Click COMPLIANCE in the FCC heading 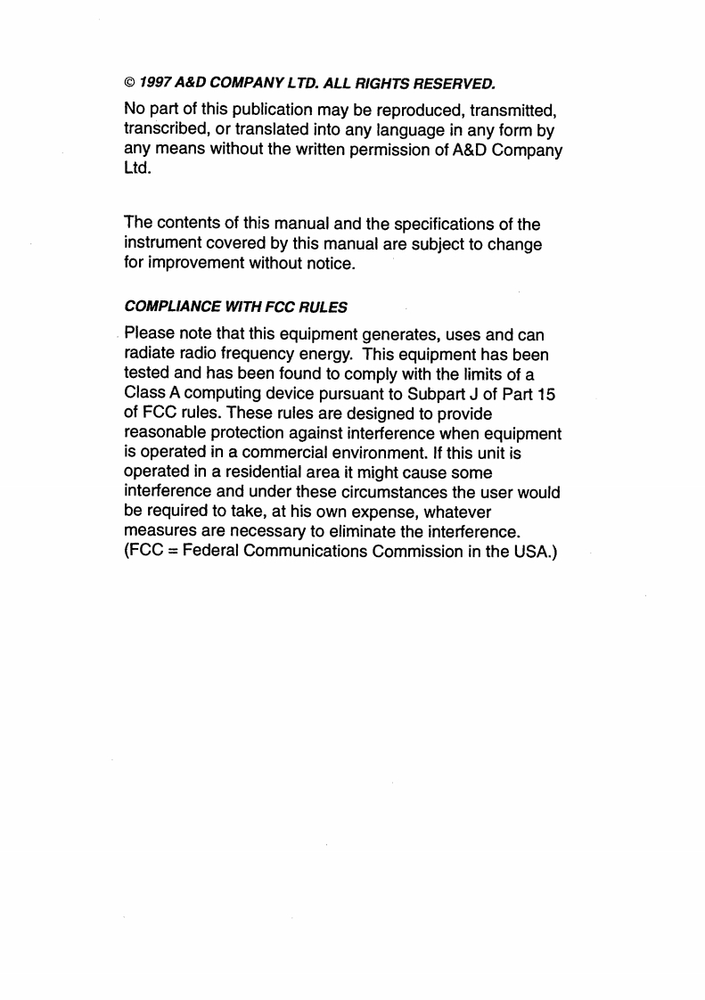click(x=164, y=307)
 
